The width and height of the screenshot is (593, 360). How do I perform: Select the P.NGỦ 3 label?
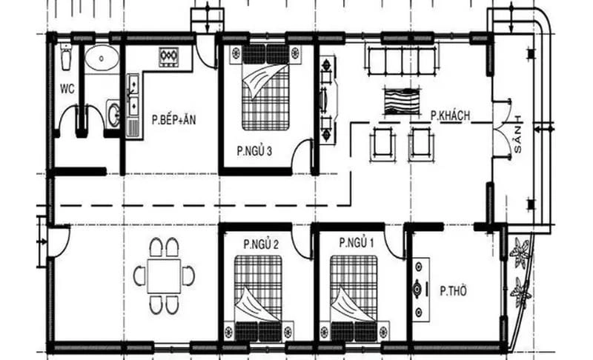click(254, 151)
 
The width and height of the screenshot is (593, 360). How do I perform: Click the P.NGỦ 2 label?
click(260, 244)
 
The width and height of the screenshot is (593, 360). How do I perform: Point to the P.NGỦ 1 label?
click(357, 243)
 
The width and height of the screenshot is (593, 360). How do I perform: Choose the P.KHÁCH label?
click(451, 116)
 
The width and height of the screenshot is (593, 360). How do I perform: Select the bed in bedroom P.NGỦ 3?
click(265, 87)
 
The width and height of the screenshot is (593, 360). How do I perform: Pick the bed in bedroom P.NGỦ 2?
click(258, 296)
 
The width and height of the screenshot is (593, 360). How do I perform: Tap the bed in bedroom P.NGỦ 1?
click(354, 296)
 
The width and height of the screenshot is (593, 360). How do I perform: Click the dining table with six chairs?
click(164, 276)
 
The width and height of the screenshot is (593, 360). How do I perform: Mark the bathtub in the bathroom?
click(100, 59)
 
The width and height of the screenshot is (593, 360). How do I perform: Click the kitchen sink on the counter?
click(133, 95)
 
